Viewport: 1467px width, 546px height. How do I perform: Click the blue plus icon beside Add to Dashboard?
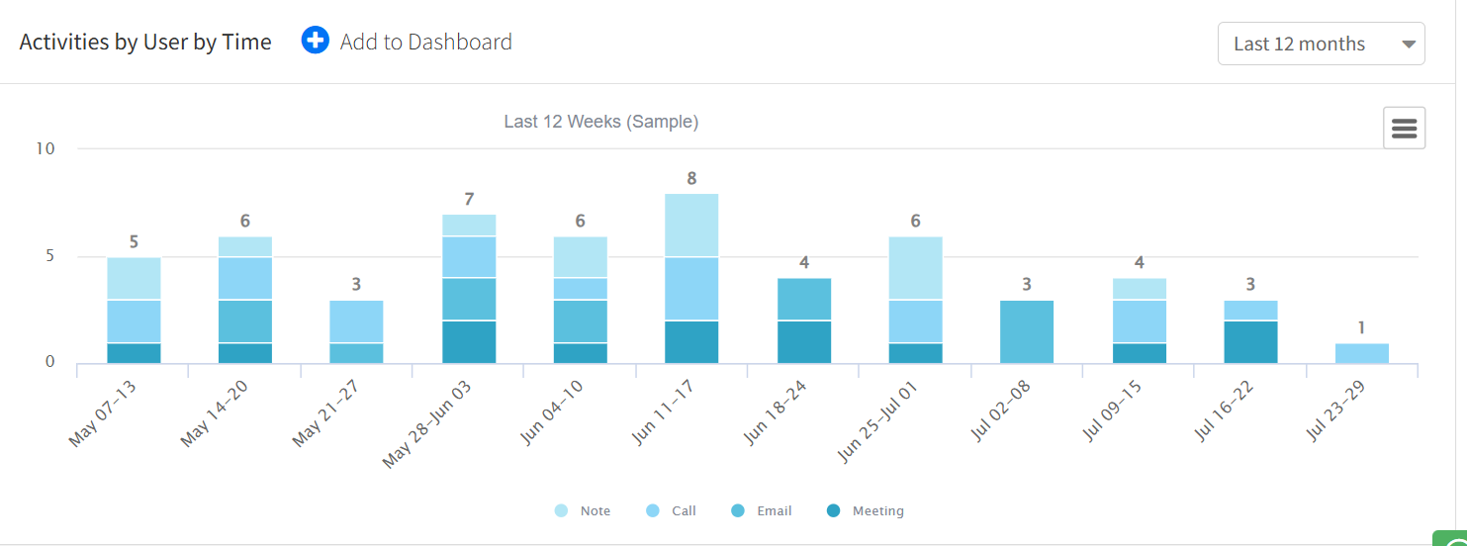point(315,42)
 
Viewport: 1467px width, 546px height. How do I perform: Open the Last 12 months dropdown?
point(1321,44)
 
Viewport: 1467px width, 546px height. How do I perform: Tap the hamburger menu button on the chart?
point(1404,129)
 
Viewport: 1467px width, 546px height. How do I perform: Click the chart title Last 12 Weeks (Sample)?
point(601,122)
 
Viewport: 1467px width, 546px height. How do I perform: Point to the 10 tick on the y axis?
point(46,148)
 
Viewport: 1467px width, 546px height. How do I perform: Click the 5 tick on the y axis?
point(49,256)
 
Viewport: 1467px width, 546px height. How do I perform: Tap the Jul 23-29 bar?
point(1362,353)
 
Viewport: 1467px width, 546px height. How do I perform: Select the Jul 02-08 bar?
point(1027,331)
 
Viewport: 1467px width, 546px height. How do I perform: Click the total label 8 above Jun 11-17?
point(691,179)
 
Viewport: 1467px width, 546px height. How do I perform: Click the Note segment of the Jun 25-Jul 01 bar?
point(915,267)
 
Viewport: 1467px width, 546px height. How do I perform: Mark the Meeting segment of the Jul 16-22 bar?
point(1250,342)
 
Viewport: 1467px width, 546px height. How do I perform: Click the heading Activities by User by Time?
point(145,43)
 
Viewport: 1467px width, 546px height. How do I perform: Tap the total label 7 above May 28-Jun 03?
point(468,200)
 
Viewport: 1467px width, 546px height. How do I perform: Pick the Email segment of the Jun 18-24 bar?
point(803,299)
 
